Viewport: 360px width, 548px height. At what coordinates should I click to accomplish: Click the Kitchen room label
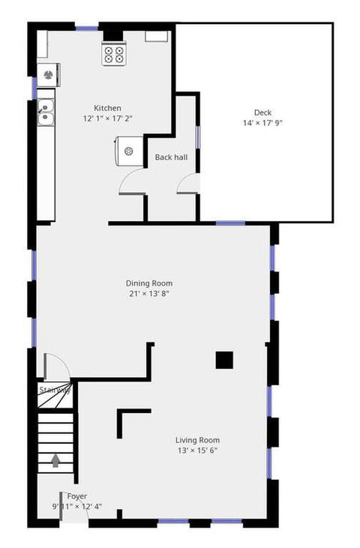click(107, 108)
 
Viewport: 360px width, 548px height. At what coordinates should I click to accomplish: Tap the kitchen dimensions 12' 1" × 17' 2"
click(107, 118)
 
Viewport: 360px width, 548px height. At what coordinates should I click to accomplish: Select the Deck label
click(262, 112)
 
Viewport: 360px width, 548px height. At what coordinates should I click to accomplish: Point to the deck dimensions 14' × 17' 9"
click(262, 123)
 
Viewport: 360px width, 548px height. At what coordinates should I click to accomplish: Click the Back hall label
click(171, 157)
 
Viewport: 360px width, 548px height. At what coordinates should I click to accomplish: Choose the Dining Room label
click(149, 283)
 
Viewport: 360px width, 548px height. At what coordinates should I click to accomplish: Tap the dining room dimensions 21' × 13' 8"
click(149, 294)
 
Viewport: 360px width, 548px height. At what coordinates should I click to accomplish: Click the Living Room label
click(197, 440)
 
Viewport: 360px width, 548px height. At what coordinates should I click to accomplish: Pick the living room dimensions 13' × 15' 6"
click(197, 451)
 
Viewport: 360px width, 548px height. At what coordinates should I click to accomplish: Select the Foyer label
click(77, 496)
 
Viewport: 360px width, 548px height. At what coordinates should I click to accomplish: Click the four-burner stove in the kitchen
click(114, 53)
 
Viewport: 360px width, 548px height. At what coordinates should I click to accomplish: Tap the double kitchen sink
click(46, 112)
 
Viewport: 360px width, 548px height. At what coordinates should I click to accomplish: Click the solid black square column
click(224, 361)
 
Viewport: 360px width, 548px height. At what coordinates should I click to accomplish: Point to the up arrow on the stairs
click(55, 460)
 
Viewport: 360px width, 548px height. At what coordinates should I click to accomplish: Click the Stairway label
click(55, 390)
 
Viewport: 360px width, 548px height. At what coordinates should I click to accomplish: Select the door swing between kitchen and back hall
click(131, 181)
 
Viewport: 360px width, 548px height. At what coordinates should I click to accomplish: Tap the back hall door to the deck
click(188, 184)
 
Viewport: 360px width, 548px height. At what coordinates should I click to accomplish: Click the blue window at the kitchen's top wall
click(87, 28)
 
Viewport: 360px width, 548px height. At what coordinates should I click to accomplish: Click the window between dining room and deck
click(230, 223)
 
